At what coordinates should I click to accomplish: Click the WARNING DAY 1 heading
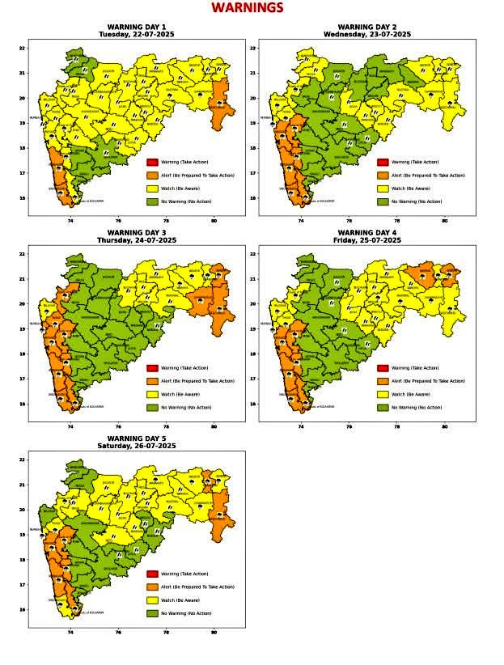(136, 27)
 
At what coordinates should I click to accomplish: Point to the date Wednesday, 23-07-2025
(366, 35)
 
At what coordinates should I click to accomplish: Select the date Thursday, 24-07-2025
(136, 240)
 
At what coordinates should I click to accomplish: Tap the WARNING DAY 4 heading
(366, 233)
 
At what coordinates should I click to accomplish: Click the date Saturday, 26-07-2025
(136, 446)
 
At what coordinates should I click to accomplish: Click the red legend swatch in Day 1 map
(152, 163)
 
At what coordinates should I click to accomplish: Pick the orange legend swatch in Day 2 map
(383, 176)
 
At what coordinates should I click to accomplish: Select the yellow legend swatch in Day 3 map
(152, 394)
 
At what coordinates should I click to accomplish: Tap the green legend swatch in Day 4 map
(383, 407)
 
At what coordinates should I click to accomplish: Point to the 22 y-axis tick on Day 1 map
(22, 49)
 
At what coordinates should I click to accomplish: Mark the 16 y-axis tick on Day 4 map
(252, 404)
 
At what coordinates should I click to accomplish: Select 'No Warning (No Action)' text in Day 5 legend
(186, 613)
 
